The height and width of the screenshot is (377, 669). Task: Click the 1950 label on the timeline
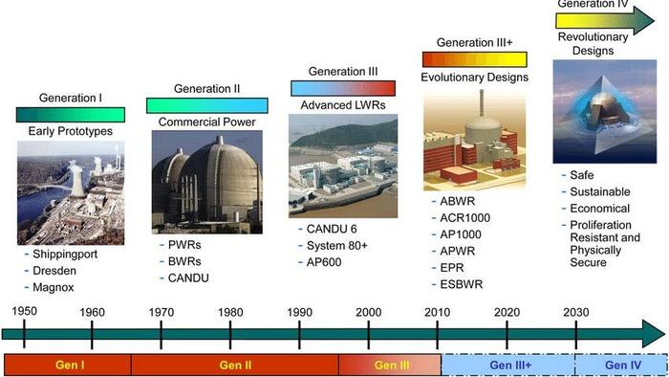click(24, 312)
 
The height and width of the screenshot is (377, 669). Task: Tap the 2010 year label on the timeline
click(437, 312)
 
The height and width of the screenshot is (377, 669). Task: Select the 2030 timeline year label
click(575, 312)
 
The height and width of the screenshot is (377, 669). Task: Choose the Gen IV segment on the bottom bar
click(620, 365)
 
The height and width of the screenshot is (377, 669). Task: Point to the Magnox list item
click(54, 287)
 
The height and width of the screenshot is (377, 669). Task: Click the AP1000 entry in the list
click(464, 235)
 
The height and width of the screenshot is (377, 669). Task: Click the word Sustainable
click(601, 192)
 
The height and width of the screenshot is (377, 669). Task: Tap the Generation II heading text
click(207, 89)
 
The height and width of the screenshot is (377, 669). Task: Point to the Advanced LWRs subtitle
click(343, 104)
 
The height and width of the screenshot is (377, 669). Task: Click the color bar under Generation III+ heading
click(476, 59)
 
